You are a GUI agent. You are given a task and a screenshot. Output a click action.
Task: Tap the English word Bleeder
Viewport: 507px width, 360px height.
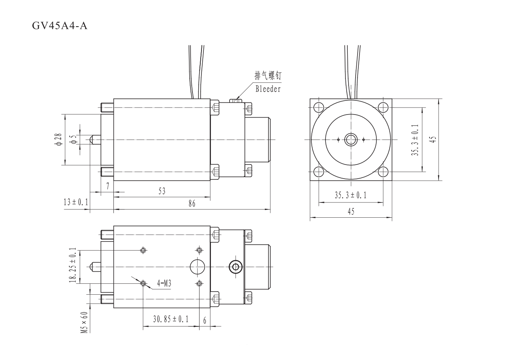pos(268,89)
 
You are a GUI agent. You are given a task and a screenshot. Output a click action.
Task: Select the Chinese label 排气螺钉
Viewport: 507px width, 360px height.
pos(268,76)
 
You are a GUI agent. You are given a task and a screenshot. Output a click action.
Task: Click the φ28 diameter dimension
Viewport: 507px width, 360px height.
pos(58,140)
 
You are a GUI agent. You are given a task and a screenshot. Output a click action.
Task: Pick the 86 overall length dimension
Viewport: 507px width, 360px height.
pos(192,204)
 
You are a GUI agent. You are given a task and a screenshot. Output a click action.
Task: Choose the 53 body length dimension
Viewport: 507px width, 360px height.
pos(162,191)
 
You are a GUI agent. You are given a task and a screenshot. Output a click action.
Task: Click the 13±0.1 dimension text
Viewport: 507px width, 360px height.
pos(76,202)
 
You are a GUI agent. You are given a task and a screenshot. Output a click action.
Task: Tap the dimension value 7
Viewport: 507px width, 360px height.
pos(108,186)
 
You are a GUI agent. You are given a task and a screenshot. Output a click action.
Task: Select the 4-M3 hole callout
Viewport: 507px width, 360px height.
pos(164,283)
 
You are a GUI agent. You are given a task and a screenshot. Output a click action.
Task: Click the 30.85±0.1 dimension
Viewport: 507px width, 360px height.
pos(171,319)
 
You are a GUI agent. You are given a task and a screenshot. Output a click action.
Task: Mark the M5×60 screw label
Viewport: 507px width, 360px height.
pos(83,322)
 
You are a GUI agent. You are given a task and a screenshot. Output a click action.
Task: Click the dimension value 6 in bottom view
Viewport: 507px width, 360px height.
pos(205,320)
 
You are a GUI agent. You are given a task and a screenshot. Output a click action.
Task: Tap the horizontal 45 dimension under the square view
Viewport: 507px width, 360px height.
pos(351,211)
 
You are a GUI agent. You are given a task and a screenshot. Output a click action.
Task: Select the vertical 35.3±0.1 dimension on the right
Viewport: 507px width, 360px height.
pos(415,140)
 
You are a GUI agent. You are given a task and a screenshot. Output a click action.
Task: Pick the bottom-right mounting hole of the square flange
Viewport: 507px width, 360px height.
pos(383,172)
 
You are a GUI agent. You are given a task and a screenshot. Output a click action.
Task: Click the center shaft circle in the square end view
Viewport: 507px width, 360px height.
pos(351,140)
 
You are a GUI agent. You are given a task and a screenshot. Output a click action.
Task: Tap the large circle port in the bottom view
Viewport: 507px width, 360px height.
pos(198,267)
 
